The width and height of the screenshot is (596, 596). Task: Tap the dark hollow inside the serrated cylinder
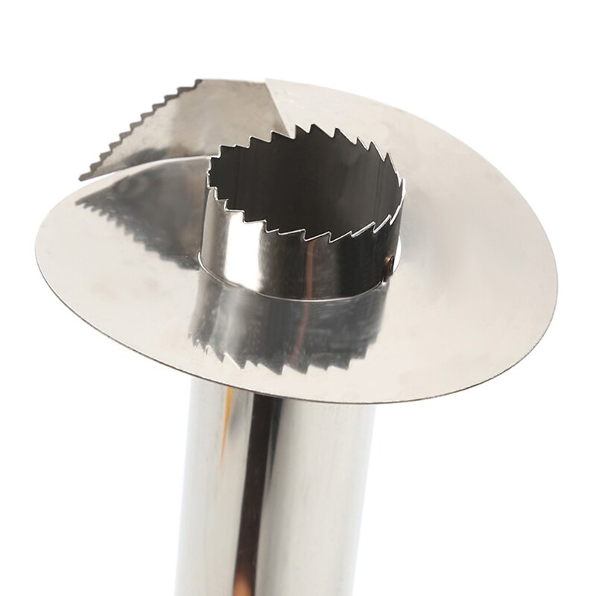298,186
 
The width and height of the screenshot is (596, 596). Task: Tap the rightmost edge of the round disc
556,283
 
